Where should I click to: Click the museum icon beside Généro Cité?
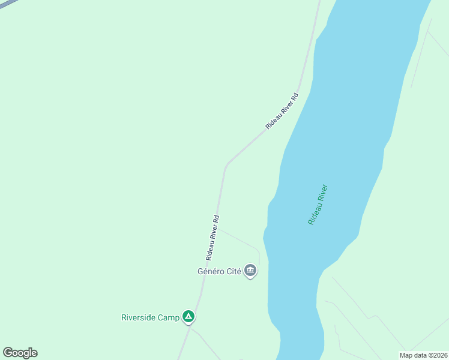click(x=250, y=271)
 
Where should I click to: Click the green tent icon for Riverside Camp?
click(x=188, y=317)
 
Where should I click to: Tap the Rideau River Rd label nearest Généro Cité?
click(x=212, y=238)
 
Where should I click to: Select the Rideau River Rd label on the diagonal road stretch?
click(x=282, y=111)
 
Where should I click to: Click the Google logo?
click(x=20, y=353)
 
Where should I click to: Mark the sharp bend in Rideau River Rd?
click(x=226, y=165)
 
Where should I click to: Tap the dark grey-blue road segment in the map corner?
click(x=6, y=3)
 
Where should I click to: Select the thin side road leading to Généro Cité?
click(x=240, y=238)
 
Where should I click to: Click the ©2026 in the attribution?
click(x=436, y=355)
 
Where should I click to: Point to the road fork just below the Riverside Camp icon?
click(x=191, y=328)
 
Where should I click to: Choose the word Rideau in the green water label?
click(x=313, y=214)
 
